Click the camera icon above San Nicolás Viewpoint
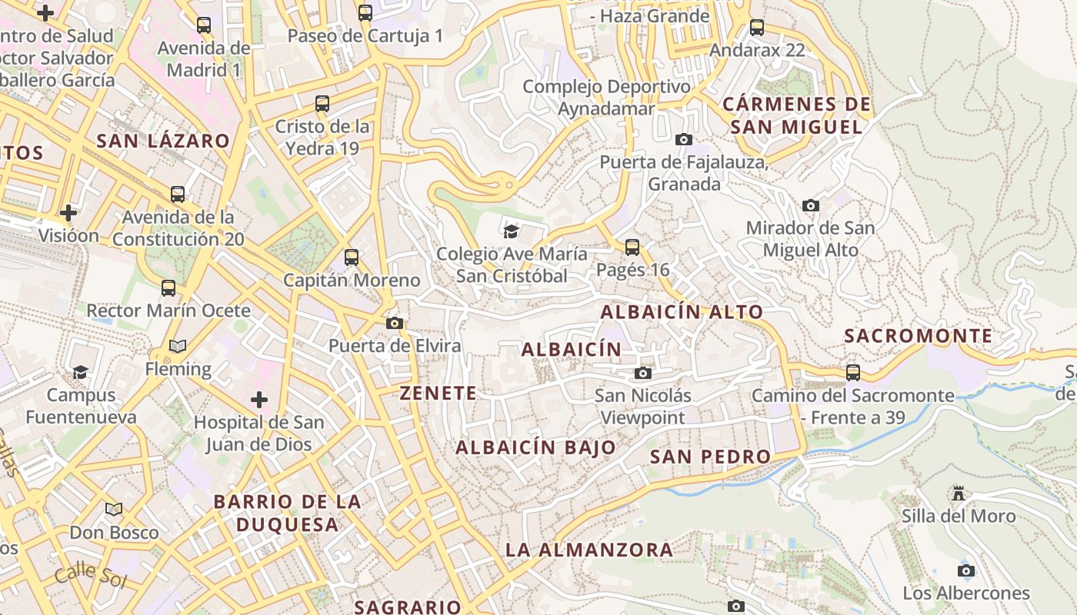pos(642,374)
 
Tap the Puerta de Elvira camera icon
pos(395,324)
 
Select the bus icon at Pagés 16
pos(632,248)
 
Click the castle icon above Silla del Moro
pos(958,493)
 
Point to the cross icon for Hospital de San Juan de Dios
pos(259,400)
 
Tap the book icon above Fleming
pos(178,347)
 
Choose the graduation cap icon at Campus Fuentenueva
pos(80,373)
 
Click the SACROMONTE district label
pos(918,336)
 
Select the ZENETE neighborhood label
pos(438,393)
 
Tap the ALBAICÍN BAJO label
pos(535,447)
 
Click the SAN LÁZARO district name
pos(163,141)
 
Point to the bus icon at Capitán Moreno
pos(352,258)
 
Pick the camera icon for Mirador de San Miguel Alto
pos(810,206)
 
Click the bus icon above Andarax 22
pos(757,28)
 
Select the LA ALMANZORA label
pos(589,550)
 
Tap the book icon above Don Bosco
pos(114,509)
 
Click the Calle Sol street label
pos(90,574)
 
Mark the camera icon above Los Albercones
pos(965,570)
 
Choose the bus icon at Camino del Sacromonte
pos(853,373)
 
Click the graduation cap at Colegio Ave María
pos(511,231)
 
